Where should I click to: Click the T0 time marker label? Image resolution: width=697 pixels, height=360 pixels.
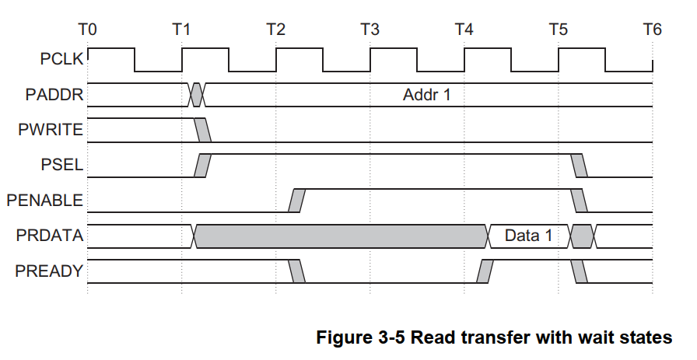[88, 30]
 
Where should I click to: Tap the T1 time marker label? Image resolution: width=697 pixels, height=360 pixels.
[181, 30]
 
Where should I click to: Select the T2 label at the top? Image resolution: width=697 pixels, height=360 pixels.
[275, 30]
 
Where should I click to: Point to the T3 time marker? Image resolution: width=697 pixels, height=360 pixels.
[370, 30]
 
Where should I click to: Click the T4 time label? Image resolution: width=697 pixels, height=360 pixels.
[464, 30]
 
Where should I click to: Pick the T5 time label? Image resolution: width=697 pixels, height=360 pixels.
[558, 30]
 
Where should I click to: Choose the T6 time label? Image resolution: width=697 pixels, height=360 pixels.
[652, 30]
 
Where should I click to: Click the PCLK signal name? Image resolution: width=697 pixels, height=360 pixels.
[61, 58]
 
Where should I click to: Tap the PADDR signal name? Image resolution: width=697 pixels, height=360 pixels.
[54, 95]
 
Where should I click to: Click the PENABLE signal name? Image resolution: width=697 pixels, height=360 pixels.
[44, 200]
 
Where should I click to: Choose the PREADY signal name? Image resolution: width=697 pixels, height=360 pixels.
[49, 271]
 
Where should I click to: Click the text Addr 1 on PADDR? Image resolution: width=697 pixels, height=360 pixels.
[427, 95]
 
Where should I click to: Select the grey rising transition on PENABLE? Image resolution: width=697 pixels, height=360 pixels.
[296, 200]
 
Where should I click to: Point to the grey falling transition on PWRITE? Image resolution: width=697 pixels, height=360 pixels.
[202, 130]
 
